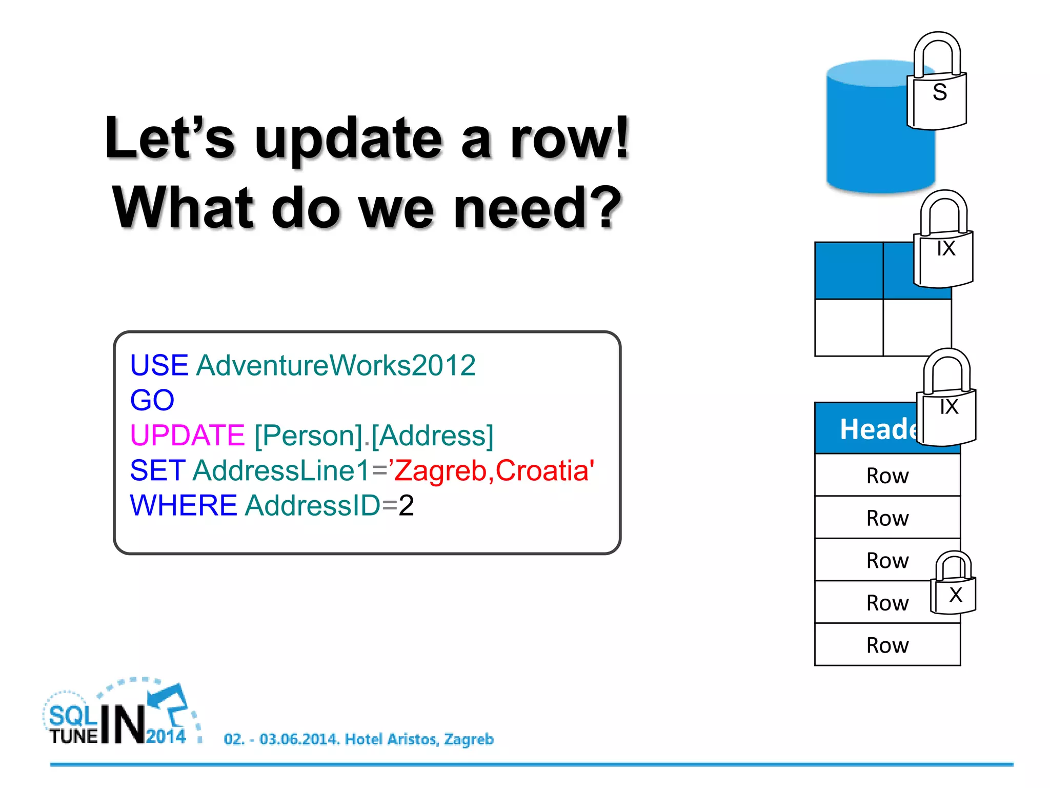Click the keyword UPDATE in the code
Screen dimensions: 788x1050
click(187, 435)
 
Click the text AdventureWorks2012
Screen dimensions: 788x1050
click(336, 365)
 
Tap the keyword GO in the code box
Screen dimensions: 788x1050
click(152, 400)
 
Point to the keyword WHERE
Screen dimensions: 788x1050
click(183, 505)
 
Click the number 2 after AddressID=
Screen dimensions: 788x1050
click(406, 505)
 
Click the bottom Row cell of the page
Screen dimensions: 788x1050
click(887, 645)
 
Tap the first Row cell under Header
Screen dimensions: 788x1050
click(887, 476)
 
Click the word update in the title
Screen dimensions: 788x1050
click(349, 139)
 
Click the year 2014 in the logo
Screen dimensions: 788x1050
click(166, 736)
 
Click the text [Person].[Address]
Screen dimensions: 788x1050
click(374, 435)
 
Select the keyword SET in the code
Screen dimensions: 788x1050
click(157, 470)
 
